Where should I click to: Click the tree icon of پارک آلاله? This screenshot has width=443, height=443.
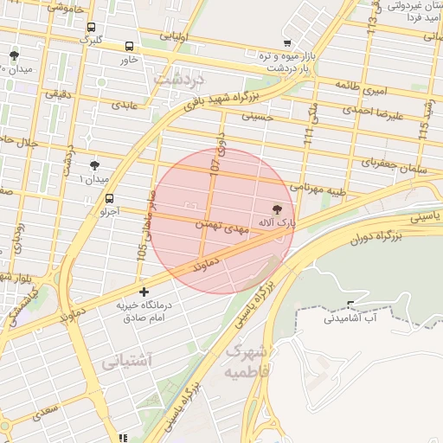(277, 209)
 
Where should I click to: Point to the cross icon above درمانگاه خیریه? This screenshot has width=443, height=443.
(144, 292)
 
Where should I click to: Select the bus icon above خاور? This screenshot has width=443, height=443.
(129, 47)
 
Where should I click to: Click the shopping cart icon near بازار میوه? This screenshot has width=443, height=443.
(287, 42)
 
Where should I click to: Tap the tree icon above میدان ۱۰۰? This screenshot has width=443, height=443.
(14, 55)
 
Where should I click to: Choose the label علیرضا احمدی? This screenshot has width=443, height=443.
(369, 111)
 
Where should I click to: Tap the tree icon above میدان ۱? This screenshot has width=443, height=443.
(94, 164)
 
